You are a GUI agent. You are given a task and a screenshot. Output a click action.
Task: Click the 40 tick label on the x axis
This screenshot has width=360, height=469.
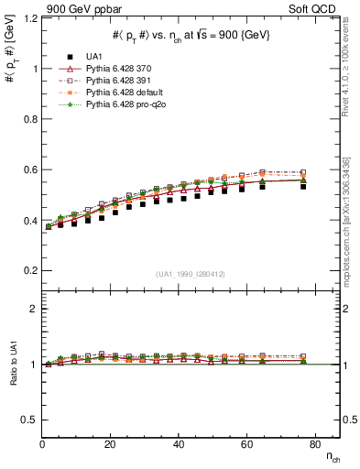178,444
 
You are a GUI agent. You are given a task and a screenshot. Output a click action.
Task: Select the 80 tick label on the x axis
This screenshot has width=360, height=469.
313,444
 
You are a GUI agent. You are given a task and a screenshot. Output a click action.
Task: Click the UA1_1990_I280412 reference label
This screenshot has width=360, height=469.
191,274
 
